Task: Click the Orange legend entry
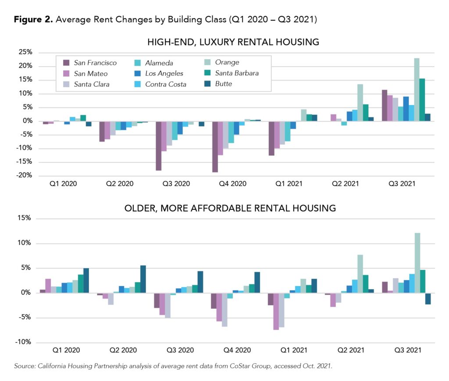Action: (227, 62)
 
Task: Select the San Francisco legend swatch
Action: (67, 63)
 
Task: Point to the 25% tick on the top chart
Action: (25, 52)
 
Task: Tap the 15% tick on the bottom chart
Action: (25, 219)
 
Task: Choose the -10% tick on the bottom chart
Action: (24, 342)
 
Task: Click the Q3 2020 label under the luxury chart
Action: (178, 184)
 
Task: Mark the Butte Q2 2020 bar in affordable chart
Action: (143, 279)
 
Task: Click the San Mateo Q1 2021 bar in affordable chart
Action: (276, 311)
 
